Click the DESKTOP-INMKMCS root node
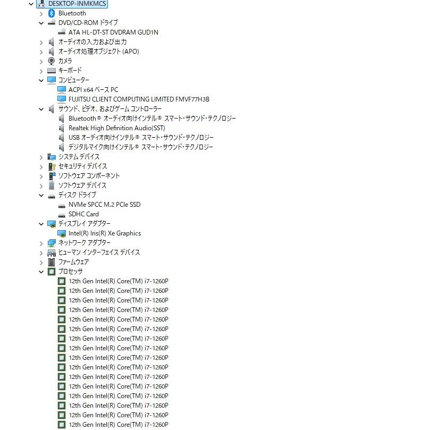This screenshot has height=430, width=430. [x=77, y=4]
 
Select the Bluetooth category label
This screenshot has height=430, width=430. [x=72, y=13]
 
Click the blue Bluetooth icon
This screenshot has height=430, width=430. [x=51, y=13]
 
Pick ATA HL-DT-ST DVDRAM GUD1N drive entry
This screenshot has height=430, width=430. [x=113, y=32]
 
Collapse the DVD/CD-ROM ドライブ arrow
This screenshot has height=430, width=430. [x=41, y=23]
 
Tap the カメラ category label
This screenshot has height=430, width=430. [x=65, y=61]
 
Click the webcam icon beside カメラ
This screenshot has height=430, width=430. [x=51, y=61]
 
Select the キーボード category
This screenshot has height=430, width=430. [x=70, y=71]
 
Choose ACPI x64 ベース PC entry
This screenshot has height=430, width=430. [x=93, y=90]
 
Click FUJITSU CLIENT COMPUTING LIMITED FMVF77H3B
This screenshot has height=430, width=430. [x=139, y=99]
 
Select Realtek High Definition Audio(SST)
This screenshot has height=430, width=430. [x=117, y=128]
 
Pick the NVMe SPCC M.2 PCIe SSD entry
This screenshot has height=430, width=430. [x=105, y=205]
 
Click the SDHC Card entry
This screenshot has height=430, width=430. [x=83, y=214]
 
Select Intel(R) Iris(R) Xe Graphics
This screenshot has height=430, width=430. [x=105, y=233]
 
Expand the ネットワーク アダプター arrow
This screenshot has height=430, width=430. [x=41, y=243]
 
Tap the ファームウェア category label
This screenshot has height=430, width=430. [x=73, y=262]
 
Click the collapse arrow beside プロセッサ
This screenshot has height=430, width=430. [x=41, y=272]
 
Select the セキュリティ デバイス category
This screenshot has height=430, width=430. [x=82, y=166]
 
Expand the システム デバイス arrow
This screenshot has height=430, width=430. [x=41, y=157]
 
